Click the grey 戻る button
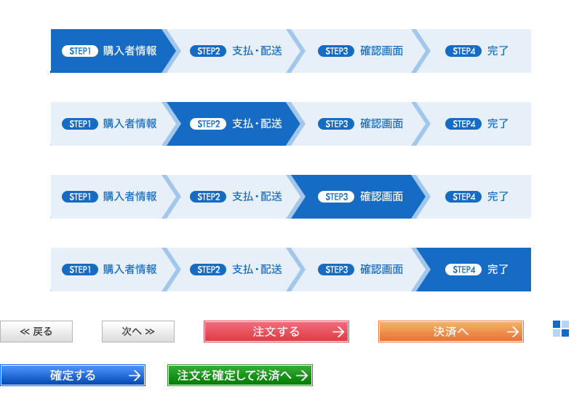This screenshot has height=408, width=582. [x=36, y=331]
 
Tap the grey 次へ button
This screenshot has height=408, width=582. [x=138, y=331]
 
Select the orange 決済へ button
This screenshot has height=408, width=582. [x=451, y=331]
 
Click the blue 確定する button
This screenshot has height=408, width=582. [x=73, y=375]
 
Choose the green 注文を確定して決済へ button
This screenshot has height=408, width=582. [x=240, y=375]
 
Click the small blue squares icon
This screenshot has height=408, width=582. [x=561, y=329]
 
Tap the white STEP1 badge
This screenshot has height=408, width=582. [x=80, y=51]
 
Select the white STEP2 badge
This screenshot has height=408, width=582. [x=208, y=124]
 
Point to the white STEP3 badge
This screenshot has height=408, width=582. [x=336, y=197]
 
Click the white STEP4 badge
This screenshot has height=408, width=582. [x=463, y=270]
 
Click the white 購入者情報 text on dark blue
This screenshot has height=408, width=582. [x=130, y=51]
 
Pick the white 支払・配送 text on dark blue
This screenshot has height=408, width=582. [x=257, y=124]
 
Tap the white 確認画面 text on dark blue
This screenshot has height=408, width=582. [x=382, y=197]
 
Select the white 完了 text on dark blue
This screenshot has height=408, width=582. [x=498, y=270]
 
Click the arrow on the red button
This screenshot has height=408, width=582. [x=338, y=332]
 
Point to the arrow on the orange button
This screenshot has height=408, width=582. [x=513, y=332]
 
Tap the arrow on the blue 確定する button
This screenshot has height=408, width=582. [x=134, y=376]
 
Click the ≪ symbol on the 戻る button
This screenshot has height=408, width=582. [x=25, y=331]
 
